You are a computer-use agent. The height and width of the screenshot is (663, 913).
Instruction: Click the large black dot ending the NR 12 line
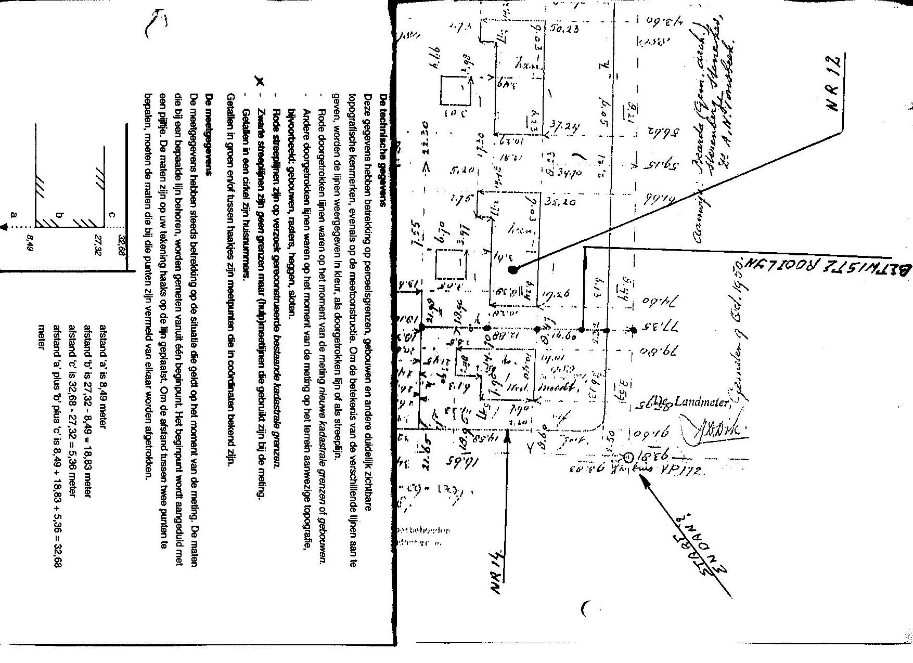pos(513,269)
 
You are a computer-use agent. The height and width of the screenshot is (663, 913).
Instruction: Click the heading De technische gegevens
pos(384,151)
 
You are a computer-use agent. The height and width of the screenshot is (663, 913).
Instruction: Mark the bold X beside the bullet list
pos(261,81)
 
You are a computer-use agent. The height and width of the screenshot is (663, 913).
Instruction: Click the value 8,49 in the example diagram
pos(29,240)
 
